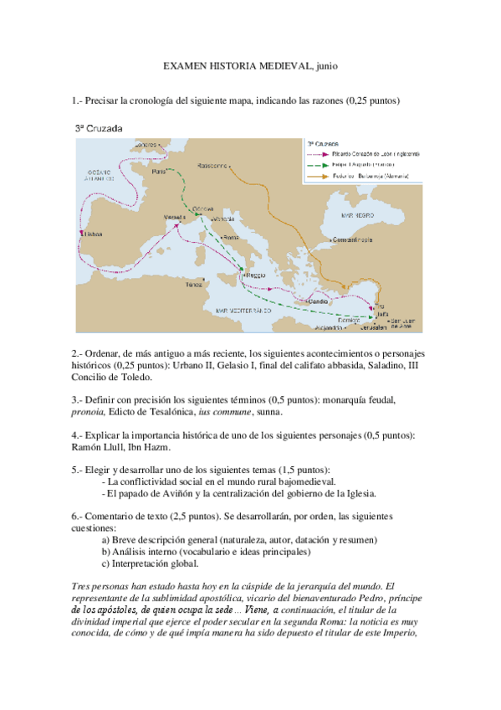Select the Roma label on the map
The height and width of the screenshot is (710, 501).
click(x=230, y=239)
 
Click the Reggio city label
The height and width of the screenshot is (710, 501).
click(x=254, y=275)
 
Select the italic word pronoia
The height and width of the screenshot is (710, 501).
click(x=90, y=412)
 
